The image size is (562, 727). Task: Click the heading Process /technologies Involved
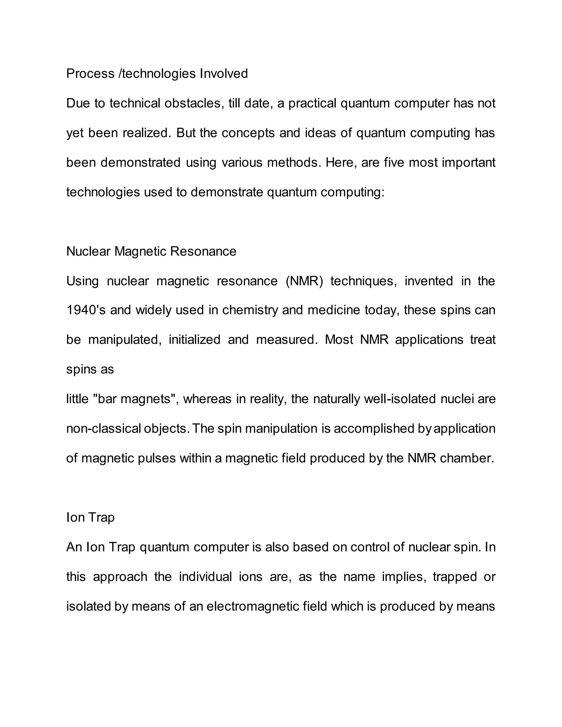(157, 74)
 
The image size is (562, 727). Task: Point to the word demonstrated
(140, 162)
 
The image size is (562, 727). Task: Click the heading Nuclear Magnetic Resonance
(151, 251)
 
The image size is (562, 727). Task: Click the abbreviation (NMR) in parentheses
(304, 281)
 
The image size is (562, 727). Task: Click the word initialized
(195, 340)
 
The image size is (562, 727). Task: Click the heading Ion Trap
(90, 517)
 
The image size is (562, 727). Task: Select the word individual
(205, 577)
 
